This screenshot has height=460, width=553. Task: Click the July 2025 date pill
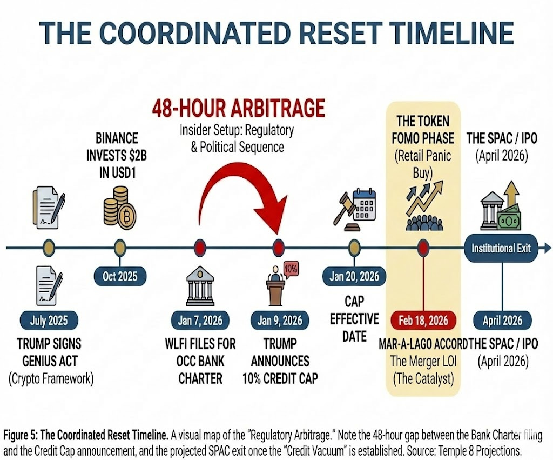[50, 321]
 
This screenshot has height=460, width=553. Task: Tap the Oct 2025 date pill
[120, 276]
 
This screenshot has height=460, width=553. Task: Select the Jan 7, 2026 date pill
[200, 321]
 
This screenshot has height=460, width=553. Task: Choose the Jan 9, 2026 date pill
[279, 321]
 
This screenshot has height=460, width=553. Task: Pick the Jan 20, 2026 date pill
[354, 277]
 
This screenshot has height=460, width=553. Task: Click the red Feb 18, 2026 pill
[423, 321]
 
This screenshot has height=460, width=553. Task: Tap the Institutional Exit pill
[501, 248]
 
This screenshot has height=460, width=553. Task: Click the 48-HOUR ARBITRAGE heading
[238, 109]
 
